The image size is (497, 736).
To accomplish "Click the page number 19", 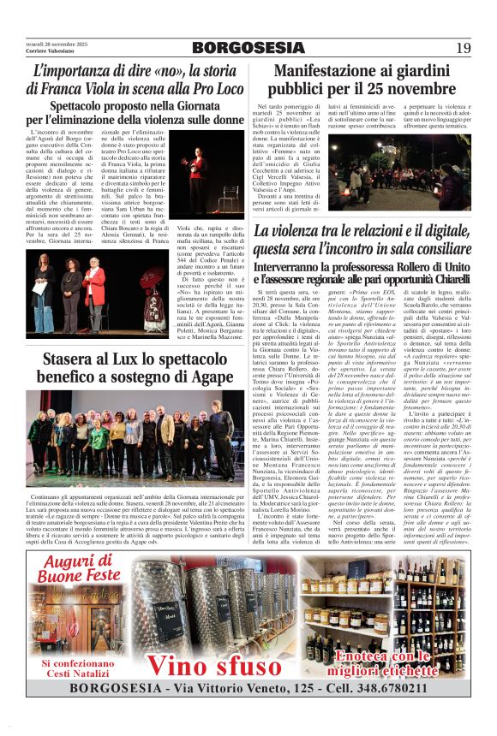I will click(x=464, y=48).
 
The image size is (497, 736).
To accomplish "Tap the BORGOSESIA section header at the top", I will click(x=248, y=48).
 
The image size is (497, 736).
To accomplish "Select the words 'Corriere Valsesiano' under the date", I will click(x=48, y=51).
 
